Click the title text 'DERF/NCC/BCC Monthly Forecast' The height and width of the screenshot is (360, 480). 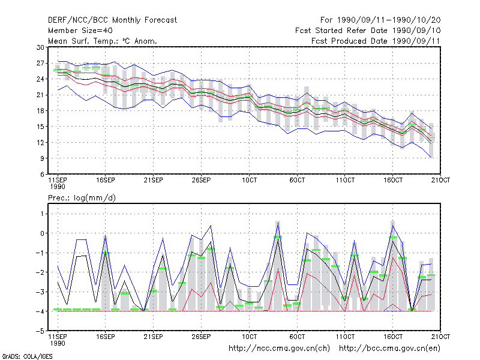tap(112, 20)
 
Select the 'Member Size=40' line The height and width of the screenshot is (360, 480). tap(80, 31)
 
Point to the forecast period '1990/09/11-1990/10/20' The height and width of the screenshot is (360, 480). tap(389, 20)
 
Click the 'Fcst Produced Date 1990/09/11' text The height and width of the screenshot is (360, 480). tap(376, 41)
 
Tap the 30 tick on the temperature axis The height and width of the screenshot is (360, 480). tap(40, 47)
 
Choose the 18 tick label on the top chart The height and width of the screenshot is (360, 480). tap(40, 111)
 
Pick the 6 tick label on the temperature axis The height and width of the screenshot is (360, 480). tap(42, 174)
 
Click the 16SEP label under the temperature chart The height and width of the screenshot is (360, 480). tap(106, 180)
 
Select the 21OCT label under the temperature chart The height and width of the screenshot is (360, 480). tap(440, 180)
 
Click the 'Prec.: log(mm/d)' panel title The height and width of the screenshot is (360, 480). tap(82, 198)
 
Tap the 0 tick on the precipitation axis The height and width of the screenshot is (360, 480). tap(42, 233)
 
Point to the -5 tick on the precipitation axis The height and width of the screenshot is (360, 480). tap(40, 331)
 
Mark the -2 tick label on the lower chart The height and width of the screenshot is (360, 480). tap(40, 272)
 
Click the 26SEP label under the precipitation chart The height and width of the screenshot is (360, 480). tap(201, 337)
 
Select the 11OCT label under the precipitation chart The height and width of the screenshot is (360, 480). tap(345, 337)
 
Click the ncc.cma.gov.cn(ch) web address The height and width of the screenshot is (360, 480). tap(279, 349)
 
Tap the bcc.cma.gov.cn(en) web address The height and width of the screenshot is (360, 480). tap(389, 349)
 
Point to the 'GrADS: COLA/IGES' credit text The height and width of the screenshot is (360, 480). tap(27, 356)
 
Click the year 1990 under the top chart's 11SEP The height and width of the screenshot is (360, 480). tap(58, 187)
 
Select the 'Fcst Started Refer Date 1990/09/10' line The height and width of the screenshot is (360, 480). tap(368, 31)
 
